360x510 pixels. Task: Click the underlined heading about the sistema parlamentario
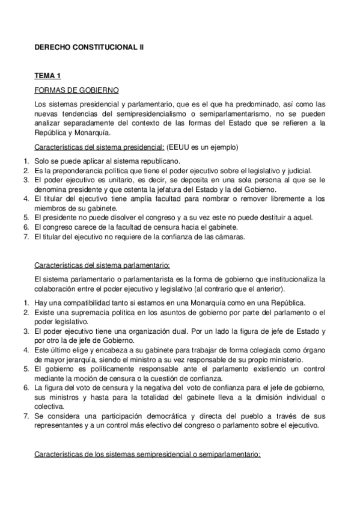tap(102, 265)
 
